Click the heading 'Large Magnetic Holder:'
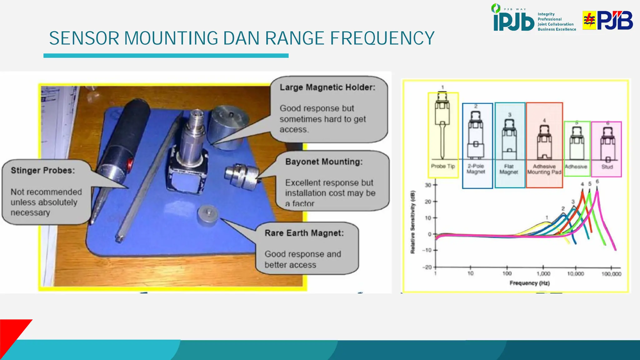click(x=327, y=87)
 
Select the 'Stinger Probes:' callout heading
click(x=43, y=171)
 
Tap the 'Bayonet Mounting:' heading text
click(x=324, y=162)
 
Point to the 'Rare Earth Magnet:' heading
click(x=304, y=233)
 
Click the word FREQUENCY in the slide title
click(x=382, y=38)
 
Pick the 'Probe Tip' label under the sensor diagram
click(x=442, y=166)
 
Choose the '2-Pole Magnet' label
click(x=476, y=169)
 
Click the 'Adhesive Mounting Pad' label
click(x=544, y=169)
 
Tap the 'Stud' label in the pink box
click(x=607, y=167)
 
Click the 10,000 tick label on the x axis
click(x=575, y=274)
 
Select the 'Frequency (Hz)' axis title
click(x=529, y=283)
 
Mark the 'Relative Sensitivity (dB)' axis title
click(x=413, y=222)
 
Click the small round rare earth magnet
click(x=207, y=215)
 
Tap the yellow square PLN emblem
click(x=589, y=20)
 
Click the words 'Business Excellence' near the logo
click(x=557, y=29)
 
